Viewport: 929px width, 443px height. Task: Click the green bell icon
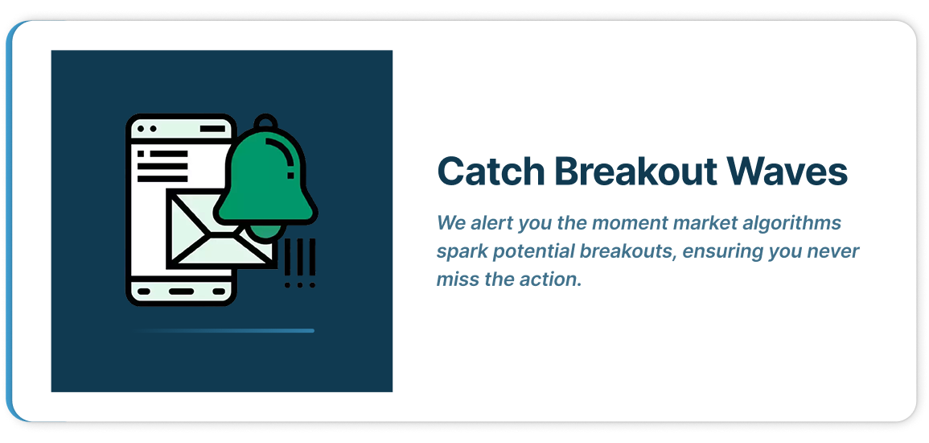[x=266, y=177]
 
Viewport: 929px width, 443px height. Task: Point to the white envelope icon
[x=220, y=230]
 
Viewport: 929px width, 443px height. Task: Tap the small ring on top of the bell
[x=265, y=122]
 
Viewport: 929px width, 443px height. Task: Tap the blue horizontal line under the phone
[x=224, y=331]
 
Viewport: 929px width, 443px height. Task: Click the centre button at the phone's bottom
[x=181, y=292]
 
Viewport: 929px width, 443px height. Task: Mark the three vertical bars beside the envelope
[x=300, y=258]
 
